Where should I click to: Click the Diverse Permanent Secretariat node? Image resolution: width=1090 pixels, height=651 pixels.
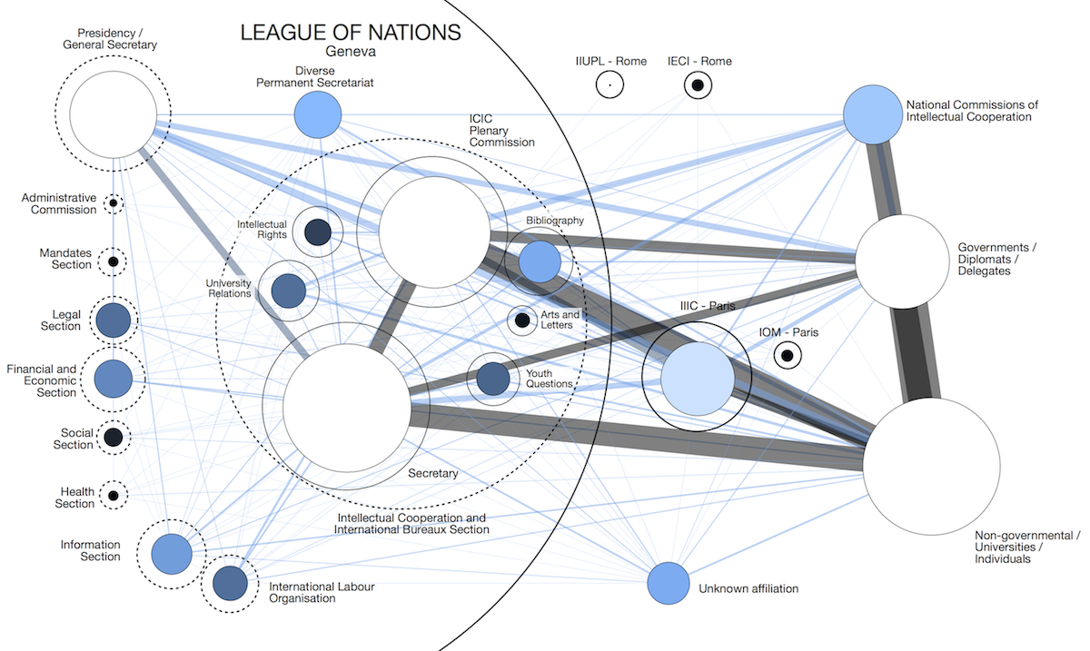click(317, 115)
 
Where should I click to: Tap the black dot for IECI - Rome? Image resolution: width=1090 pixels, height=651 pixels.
click(698, 85)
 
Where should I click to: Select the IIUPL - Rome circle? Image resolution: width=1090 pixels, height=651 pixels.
click(610, 85)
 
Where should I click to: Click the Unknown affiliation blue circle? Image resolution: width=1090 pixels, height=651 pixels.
click(669, 583)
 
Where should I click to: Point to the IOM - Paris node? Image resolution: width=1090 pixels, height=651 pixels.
click(788, 356)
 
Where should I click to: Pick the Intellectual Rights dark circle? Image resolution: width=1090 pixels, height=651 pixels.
click(318, 233)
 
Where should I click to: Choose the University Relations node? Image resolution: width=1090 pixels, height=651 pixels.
click(289, 291)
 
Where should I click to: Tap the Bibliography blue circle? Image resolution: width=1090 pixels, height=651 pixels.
click(540, 262)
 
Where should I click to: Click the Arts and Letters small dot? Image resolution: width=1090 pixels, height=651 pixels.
click(522, 321)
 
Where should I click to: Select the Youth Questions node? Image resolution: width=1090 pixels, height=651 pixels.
click(493, 379)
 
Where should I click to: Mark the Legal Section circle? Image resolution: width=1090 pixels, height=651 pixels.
click(114, 321)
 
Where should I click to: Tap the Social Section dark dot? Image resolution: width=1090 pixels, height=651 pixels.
click(114, 437)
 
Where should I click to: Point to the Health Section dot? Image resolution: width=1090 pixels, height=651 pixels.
click(114, 496)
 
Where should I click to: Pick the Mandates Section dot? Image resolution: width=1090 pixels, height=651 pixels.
click(114, 262)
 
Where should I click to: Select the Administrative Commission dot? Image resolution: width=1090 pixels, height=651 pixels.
click(114, 202)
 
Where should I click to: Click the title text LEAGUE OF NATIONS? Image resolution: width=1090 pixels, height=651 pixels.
click(351, 34)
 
